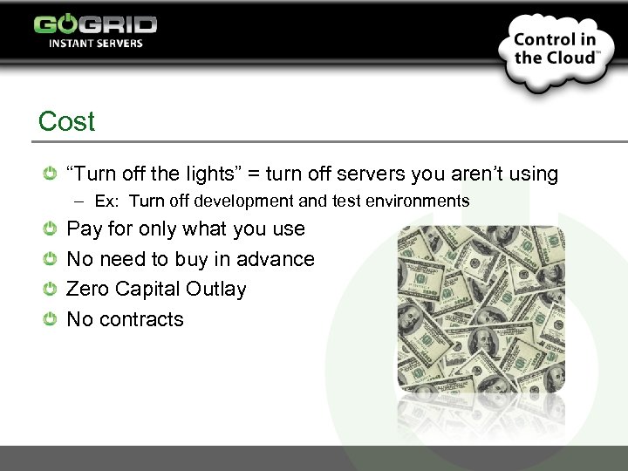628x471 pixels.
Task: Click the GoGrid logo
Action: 95,24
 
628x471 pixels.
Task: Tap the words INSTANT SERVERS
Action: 96,44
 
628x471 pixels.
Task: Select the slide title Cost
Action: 66,121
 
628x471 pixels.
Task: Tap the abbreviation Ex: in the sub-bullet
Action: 107,201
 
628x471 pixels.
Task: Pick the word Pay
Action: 84,229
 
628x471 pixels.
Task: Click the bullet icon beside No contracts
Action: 51,319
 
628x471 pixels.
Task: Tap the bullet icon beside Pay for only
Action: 51,229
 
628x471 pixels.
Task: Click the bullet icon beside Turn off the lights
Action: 51,174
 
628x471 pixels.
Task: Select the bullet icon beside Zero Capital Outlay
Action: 51,289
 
